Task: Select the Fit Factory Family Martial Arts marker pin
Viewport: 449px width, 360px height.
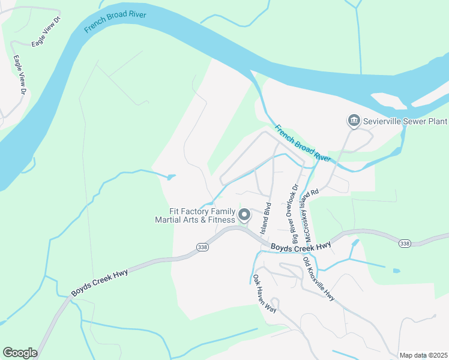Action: click(244, 214)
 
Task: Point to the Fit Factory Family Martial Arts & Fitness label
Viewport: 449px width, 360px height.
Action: click(195, 215)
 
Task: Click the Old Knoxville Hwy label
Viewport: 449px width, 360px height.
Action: click(319, 279)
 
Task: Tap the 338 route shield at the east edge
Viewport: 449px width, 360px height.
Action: click(405, 243)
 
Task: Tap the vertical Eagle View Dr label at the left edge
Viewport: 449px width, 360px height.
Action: click(20, 74)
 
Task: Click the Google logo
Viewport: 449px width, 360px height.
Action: click(20, 352)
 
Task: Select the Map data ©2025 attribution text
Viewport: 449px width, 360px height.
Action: click(423, 355)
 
